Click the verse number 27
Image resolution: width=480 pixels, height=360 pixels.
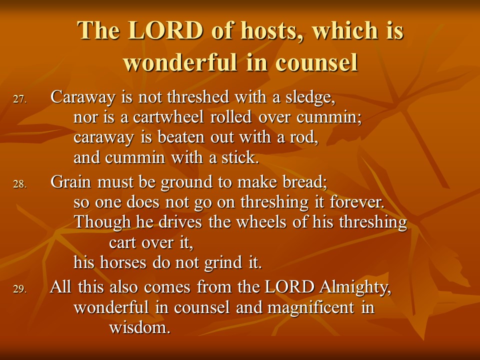pos(20,99)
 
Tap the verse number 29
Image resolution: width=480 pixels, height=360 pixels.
pos(20,289)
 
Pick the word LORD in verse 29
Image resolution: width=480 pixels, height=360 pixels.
pos(289,287)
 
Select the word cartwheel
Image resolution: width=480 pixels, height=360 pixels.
pos(168,117)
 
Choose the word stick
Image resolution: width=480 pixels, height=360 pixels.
pos(240,157)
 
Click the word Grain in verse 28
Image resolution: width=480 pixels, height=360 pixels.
pos(71,181)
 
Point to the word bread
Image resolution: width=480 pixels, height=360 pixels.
pos(305,181)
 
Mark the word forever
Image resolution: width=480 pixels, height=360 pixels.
pos(357,202)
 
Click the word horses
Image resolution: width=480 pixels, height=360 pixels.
pos(123,262)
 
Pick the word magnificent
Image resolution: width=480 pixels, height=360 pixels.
pos(310,307)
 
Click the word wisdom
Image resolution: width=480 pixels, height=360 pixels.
pos(139,327)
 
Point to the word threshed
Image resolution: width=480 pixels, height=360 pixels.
pos(198,97)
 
